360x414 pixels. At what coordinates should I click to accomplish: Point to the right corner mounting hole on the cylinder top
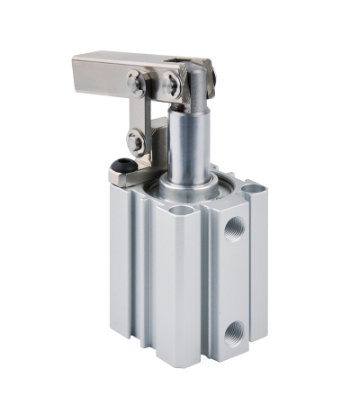click(254, 191)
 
